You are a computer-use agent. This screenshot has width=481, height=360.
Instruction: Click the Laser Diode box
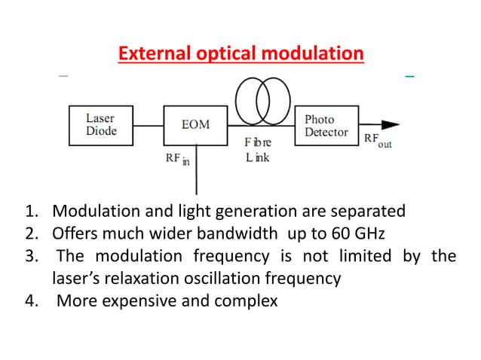pyautogui.click(x=100, y=124)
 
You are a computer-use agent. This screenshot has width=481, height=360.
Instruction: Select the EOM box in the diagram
pyautogui.click(x=195, y=124)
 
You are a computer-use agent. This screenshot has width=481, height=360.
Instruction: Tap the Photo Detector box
pyautogui.click(x=326, y=125)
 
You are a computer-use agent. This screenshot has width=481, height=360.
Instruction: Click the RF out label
pyautogui.click(x=378, y=140)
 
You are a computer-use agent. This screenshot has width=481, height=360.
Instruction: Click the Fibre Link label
pyautogui.click(x=256, y=150)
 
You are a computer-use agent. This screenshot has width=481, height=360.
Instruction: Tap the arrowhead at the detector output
pyautogui.click(x=391, y=124)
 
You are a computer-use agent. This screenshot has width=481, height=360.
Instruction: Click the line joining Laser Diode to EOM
pyautogui.click(x=148, y=125)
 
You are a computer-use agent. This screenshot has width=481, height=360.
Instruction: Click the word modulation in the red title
pyautogui.click(x=317, y=54)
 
